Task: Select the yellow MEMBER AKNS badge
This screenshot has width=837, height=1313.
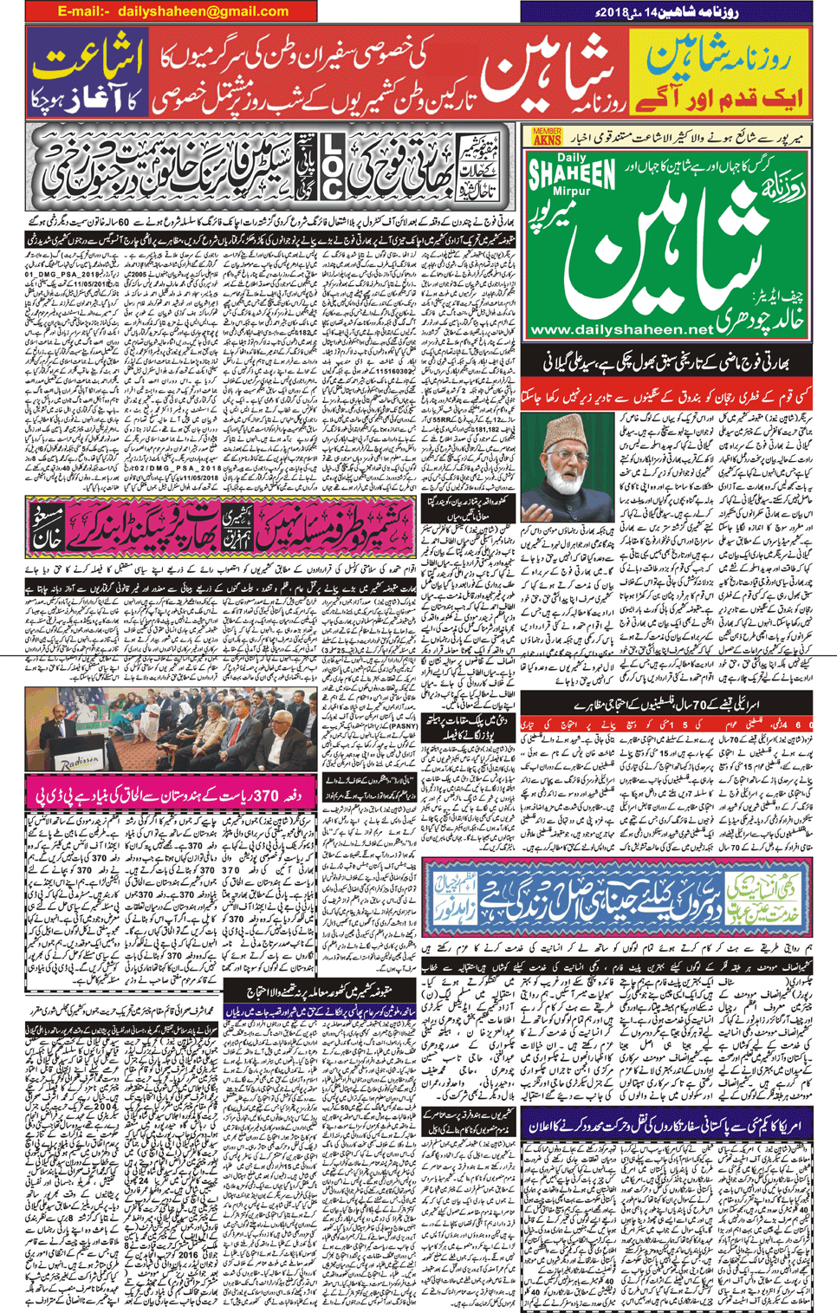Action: (547, 136)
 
